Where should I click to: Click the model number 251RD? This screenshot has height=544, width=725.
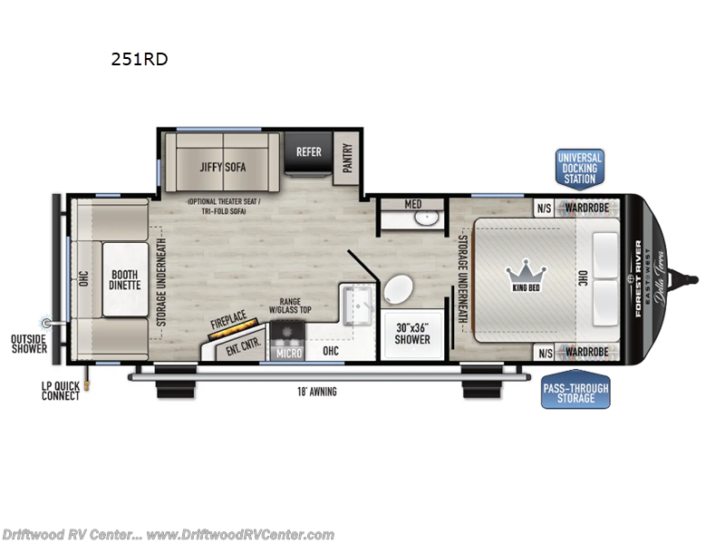tap(138, 61)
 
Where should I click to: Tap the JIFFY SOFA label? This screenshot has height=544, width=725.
tap(223, 167)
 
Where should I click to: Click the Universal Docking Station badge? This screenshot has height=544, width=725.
tap(579, 168)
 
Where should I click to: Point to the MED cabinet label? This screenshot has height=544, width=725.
tap(412, 204)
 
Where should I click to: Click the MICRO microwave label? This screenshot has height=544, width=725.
tap(289, 352)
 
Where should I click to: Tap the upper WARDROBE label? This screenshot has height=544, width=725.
tap(587, 206)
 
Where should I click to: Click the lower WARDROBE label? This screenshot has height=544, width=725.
tap(587, 352)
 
